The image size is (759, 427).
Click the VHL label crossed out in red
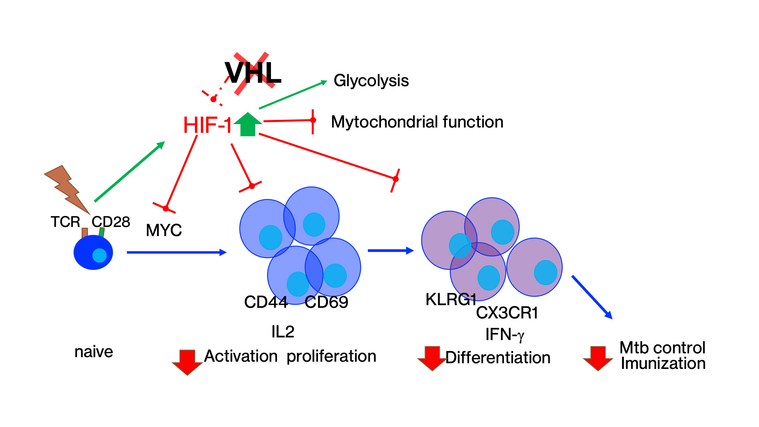click(253, 73)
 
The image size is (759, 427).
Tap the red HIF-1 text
click(207, 125)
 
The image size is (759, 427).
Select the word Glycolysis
click(371, 81)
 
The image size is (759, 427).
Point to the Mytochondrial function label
click(417, 122)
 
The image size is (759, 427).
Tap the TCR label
click(65, 222)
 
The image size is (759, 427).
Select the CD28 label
click(111, 222)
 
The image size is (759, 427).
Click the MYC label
click(164, 230)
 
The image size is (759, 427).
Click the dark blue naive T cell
click(93, 252)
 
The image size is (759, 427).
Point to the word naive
click(94, 352)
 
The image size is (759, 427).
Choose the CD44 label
click(266, 302)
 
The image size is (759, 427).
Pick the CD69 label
click(326, 302)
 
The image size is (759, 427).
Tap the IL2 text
click(283, 332)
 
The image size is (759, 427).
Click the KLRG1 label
click(450, 299)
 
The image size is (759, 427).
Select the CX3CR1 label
click(507, 313)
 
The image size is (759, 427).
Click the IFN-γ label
click(505, 335)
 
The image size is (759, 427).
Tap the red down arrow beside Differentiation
click(432, 358)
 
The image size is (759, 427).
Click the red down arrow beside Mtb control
click(598, 358)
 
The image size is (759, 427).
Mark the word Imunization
click(663, 364)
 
